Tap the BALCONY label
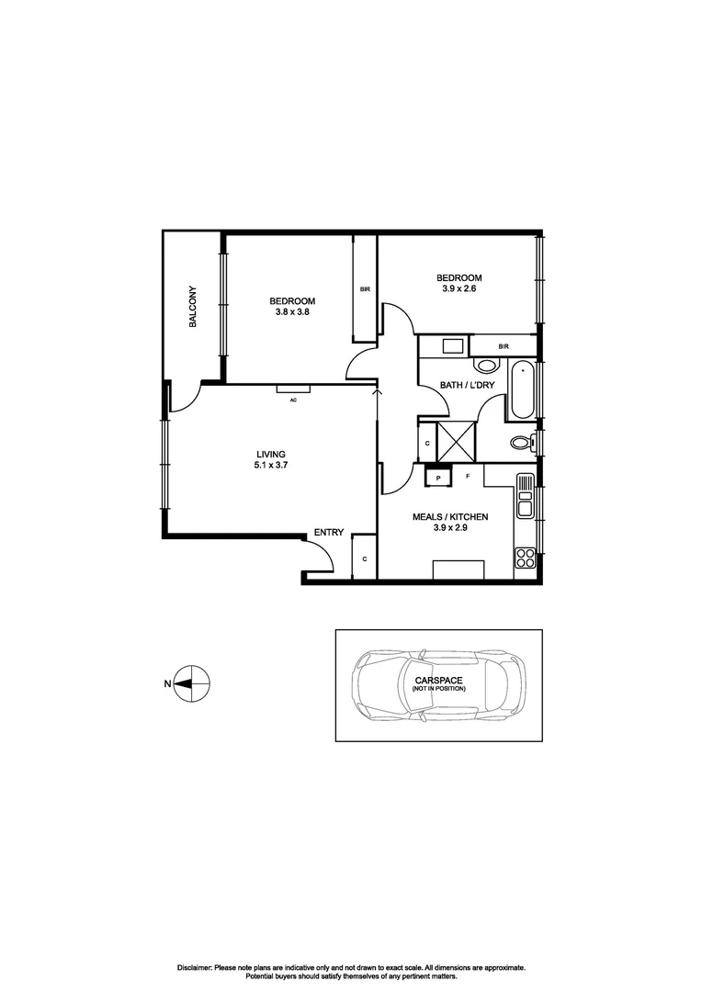(x=193, y=307)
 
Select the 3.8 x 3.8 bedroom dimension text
(x=292, y=312)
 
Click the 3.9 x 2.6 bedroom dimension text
(x=459, y=288)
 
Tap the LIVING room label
(x=270, y=454)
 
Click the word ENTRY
(x=328, y=533)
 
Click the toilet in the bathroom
(x=521, y=444)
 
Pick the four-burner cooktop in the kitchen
(x=525, y=556)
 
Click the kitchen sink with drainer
(x=525, y=496)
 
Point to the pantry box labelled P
(x=438, y=478)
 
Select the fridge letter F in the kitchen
(x=468, y=476)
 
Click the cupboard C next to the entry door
(x=365, y=558)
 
